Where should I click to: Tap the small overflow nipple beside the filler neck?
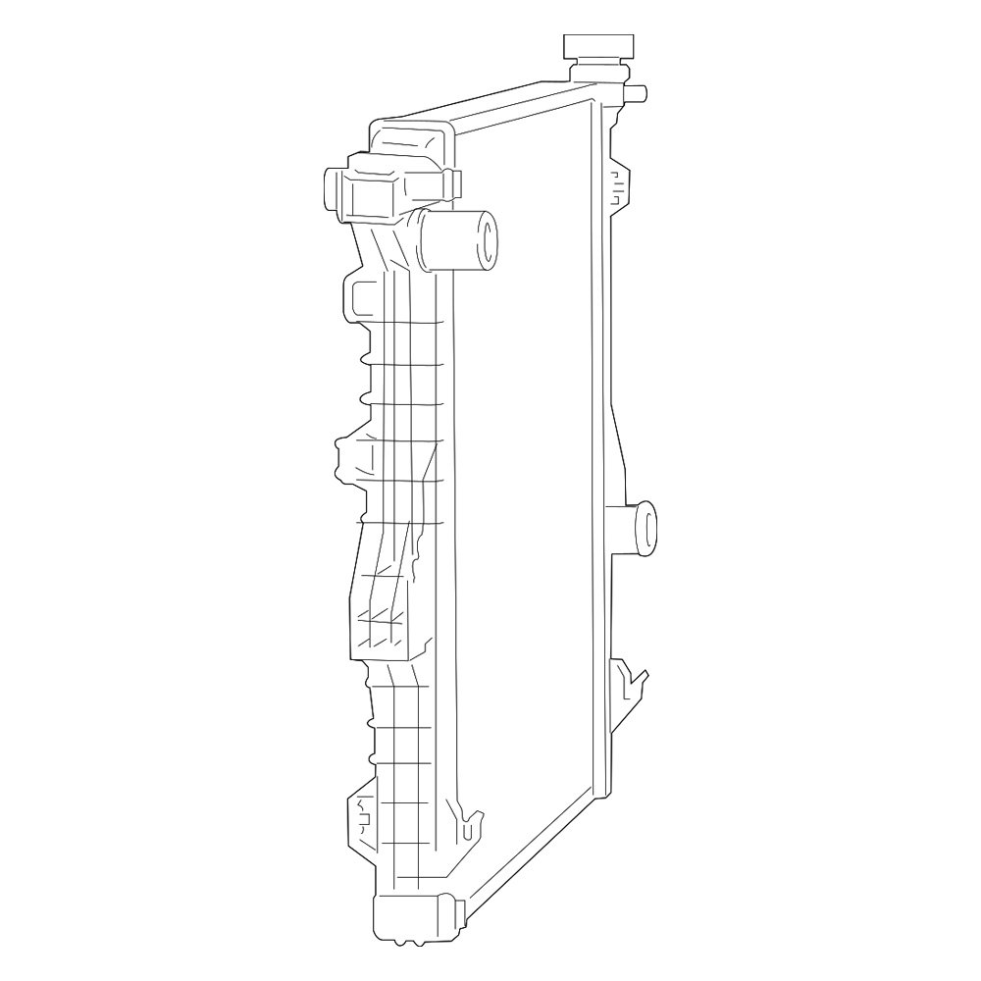[x=636, y=93]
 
